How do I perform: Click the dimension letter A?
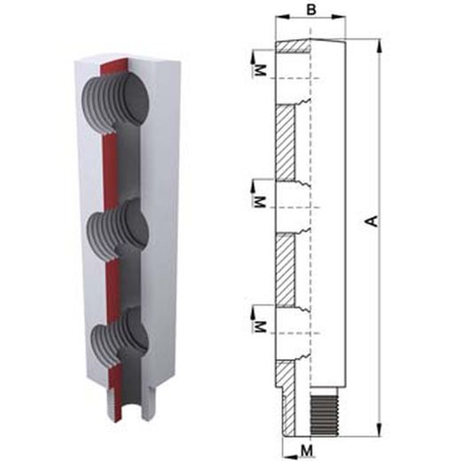pyautogui.click(x=373, y=221)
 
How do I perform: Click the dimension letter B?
pyautogui.click(x=311, y=9)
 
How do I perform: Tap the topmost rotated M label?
pyautogui.click(x=261, y=71)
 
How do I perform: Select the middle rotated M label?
pyautogui.click(x=261, y=201)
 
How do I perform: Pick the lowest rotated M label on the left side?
pyautogui.click(x=261, y=327)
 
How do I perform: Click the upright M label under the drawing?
pyautogui.click(x=307, y=451)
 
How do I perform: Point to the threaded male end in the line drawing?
pyautogui.click(x=324, y=416)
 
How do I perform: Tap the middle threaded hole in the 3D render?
pyautogui.click(x=118, y=230)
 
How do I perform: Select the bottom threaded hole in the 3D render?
pyautogui.click(x=120, y=339)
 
